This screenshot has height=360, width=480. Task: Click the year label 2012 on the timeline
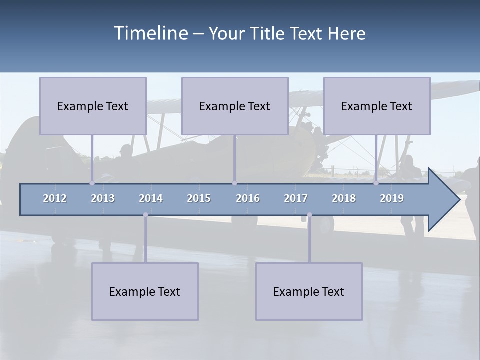coord(55,198)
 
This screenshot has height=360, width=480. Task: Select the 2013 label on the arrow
coord(103,198)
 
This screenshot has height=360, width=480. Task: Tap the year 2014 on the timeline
coord(151,198)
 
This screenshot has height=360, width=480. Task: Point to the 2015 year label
coord(199,198)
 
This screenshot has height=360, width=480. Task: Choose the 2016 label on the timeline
coord(248,198)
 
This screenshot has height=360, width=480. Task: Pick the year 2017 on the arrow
coord(296,198)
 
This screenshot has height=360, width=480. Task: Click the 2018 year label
coord(344,198)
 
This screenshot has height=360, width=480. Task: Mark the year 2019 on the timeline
coord(392,198)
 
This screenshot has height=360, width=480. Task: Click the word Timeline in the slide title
coord(150,33)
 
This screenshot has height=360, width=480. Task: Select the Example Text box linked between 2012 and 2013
coord(93,106)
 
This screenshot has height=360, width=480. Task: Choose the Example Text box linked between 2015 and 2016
coord(235,106)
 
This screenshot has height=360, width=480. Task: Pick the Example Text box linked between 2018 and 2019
coord(377,106)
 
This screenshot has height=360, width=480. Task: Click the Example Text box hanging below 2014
coord(145,291)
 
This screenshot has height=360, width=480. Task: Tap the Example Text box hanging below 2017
coord(309,291)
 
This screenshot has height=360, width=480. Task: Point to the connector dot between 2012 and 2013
coord(92,183)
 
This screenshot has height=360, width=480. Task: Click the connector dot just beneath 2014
coord(145,215)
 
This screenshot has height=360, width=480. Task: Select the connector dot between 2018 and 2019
coord(376,183)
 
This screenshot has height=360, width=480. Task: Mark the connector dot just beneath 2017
coord(309,215)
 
